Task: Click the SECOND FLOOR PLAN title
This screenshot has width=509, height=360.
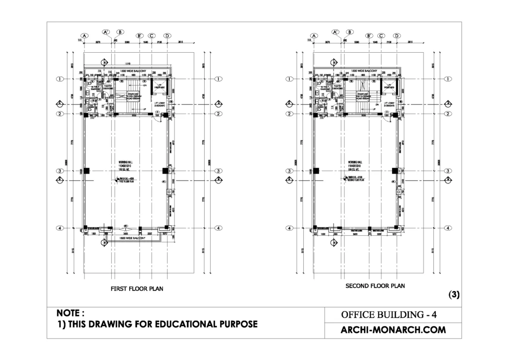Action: (375, 286)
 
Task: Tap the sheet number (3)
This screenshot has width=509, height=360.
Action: (454, 294)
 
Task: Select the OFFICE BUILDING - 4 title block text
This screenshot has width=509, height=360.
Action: (389, 315)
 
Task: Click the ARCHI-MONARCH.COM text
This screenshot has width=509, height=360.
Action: (393, 330)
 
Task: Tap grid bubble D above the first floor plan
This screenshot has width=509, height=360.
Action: (168, 36)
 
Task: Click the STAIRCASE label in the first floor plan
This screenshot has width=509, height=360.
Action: (133, 93)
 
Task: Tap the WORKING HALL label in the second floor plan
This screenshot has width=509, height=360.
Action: (355, 162)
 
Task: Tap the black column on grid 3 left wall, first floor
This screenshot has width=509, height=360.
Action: (86, 171)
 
